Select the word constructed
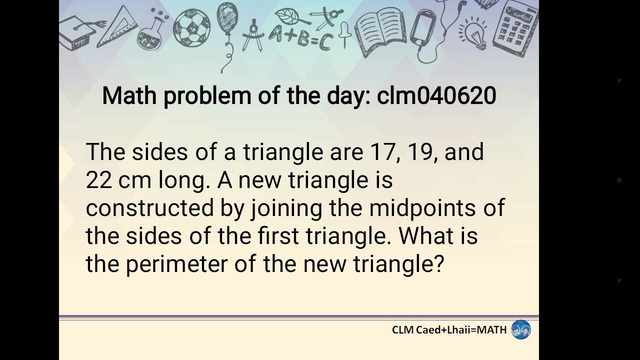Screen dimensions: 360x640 (149, 208)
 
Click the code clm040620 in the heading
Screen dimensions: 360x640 (436, 95)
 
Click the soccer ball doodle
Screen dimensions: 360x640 (191, 27)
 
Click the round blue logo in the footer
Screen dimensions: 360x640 (520, 330)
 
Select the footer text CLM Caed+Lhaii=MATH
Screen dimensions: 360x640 (449, 330)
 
